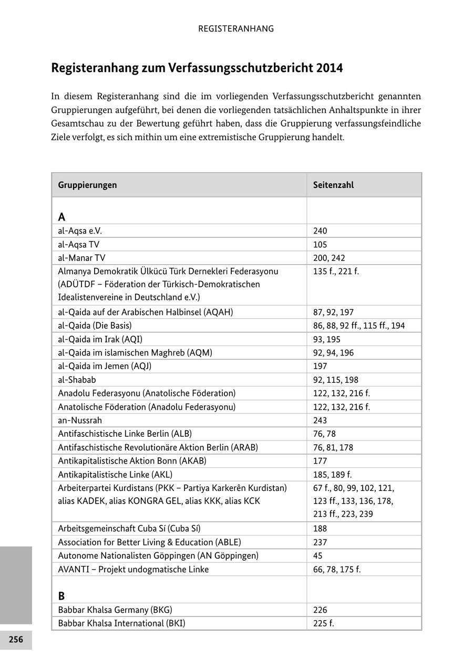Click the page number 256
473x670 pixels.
(x=16, y=640)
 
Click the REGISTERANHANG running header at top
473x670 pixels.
(x=236, y=29)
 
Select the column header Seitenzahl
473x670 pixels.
(x=333, y=185)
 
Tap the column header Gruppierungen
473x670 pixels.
(x=87, y=185)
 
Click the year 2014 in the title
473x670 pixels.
(x=329, y=68)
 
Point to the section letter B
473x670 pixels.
(x=61, y=596)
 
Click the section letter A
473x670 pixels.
(x=61, y=217)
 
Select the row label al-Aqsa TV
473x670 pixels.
(x=78, y=244)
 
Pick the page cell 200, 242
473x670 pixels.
(x=329, y=258)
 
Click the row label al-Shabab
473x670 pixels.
(x=77, y=380)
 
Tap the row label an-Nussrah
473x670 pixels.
(x=80, y=420)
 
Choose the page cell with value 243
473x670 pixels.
(x=320, y=420)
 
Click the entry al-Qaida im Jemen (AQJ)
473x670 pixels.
(x=108, y=366)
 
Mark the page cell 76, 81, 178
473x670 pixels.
(x=333, y=447)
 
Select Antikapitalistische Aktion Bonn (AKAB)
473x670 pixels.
(x=132, y=461)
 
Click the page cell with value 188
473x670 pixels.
(x=320, y=528)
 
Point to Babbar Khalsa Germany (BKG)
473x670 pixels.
(x=115, y=610)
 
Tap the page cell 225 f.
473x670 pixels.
(x=323, y=623)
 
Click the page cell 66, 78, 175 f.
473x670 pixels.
(x=337, y=569)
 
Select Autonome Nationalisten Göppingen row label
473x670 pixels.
(x=158, y=556)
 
